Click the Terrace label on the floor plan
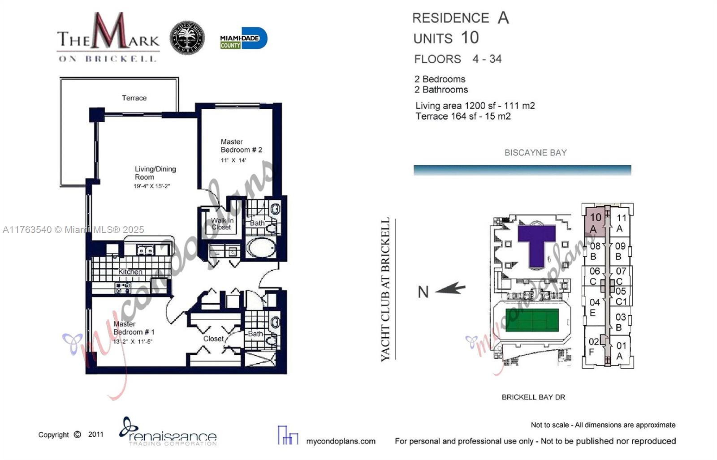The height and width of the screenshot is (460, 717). point(134,98)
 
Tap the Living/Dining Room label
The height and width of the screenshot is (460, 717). point(155,173)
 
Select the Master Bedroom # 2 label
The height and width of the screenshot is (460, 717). point(241,146)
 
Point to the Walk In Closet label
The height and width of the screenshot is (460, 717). point(222,224)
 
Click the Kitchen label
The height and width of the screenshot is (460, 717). point(130,271)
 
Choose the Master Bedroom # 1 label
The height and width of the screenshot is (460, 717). point(134,328)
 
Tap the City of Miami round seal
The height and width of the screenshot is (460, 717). point(187,38)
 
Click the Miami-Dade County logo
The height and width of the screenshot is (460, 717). point(243,39)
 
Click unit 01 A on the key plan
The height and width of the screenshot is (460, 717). point(621,351)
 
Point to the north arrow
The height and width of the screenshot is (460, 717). point(450,289)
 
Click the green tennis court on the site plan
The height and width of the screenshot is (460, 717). point(532,320)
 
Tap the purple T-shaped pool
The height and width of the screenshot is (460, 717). point(536,244)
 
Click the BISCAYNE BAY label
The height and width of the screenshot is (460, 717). point(536,153)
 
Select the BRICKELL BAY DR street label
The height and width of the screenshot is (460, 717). point(533,397)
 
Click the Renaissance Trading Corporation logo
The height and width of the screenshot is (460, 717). point(168,433)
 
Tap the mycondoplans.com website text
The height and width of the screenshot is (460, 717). point(341,441)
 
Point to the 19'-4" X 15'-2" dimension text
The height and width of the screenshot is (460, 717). point(151,186)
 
